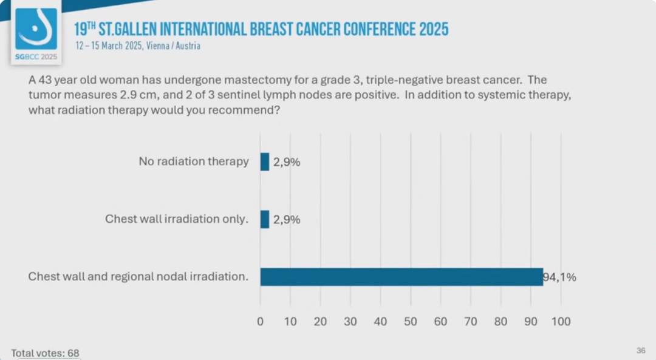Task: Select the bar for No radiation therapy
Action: tap(265, 161)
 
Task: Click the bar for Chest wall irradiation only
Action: tap(265, 219)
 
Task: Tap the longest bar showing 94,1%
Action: tap(401, 277)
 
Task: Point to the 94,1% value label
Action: tap(559, 277)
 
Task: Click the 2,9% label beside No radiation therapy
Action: tap(287, 162)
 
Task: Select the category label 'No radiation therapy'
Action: tap(194, 161)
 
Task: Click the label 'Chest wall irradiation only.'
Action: tap(177, 219)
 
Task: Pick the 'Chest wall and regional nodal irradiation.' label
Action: tap(138, 277)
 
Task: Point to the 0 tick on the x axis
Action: tap(261, 321)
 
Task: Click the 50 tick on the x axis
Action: tap(411, 321)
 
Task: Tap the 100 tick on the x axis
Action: tap(561, 321)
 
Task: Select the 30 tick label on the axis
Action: tap(350, 321)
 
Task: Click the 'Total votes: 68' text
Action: tap(45, 353)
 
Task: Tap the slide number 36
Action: tap(641, 350)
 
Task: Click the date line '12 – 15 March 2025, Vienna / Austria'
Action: tap(138, 46)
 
